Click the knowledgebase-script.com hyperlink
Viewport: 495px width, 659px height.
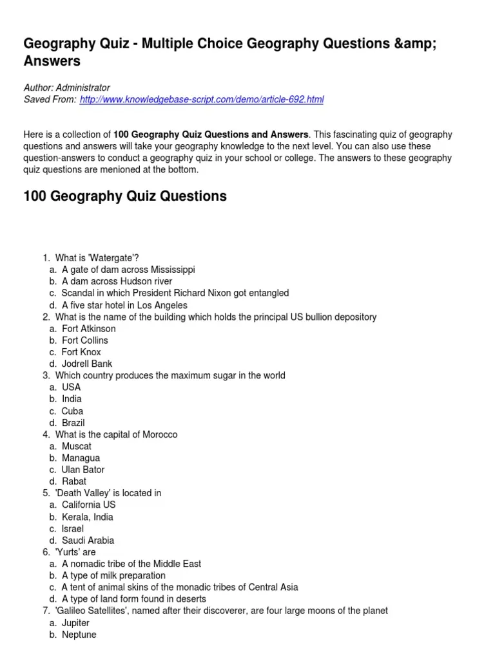point(201,99)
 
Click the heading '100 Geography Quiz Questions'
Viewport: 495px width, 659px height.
point(125,196)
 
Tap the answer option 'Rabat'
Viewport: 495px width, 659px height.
point(74,481)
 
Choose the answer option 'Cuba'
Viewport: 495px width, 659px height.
point(72,411)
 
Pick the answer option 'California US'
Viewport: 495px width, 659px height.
point(89,505)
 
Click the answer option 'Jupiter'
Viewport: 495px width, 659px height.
point(75,623)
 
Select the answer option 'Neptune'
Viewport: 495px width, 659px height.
point(79,635)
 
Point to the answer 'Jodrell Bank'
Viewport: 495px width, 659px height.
point(87,364)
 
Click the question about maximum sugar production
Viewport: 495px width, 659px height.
point(170,375)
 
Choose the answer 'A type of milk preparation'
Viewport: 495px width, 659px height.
point(113,575)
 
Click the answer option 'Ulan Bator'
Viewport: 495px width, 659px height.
point(82,469)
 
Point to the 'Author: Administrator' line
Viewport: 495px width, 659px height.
point(66,88)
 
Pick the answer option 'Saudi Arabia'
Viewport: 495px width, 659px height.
point(88,541)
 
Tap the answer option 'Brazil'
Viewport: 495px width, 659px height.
point(73,422)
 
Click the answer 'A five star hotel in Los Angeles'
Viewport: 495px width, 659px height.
point(124,305)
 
